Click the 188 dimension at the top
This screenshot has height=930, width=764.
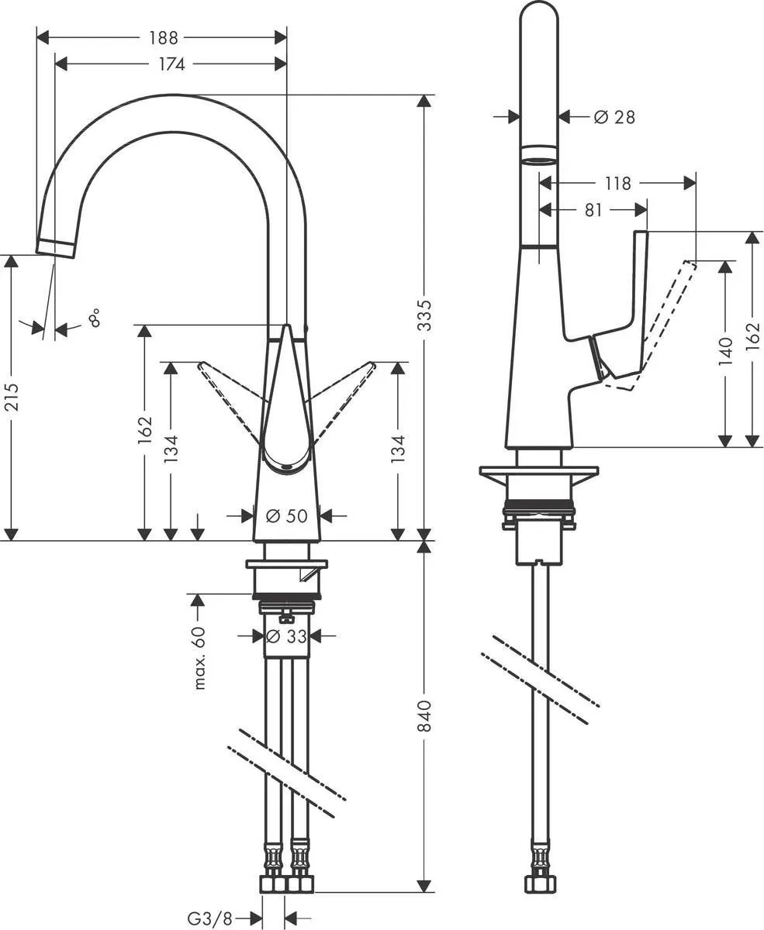tap(164, 37)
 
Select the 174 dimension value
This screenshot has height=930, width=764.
tap(171, 64)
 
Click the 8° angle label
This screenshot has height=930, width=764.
tap(94, 317)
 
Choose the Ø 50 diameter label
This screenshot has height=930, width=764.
tap(287, 515)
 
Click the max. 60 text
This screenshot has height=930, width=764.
tap(200, 658)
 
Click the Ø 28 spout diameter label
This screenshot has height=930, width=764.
tap(614, 117)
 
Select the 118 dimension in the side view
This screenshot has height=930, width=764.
tap(617, 184)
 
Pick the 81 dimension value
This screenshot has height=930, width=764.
tap(593, 210)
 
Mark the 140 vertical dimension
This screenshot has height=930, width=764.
tap(725, 351)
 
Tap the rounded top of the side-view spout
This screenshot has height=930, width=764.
tap(538, 15)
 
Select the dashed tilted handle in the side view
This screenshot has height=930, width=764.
tap(667, 318)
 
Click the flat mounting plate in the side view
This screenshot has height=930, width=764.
tap(539, 471)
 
